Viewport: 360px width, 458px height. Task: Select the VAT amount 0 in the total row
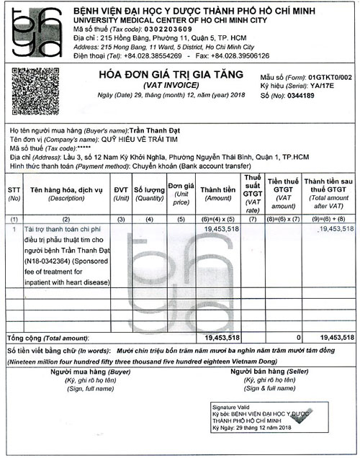(297, 337)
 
